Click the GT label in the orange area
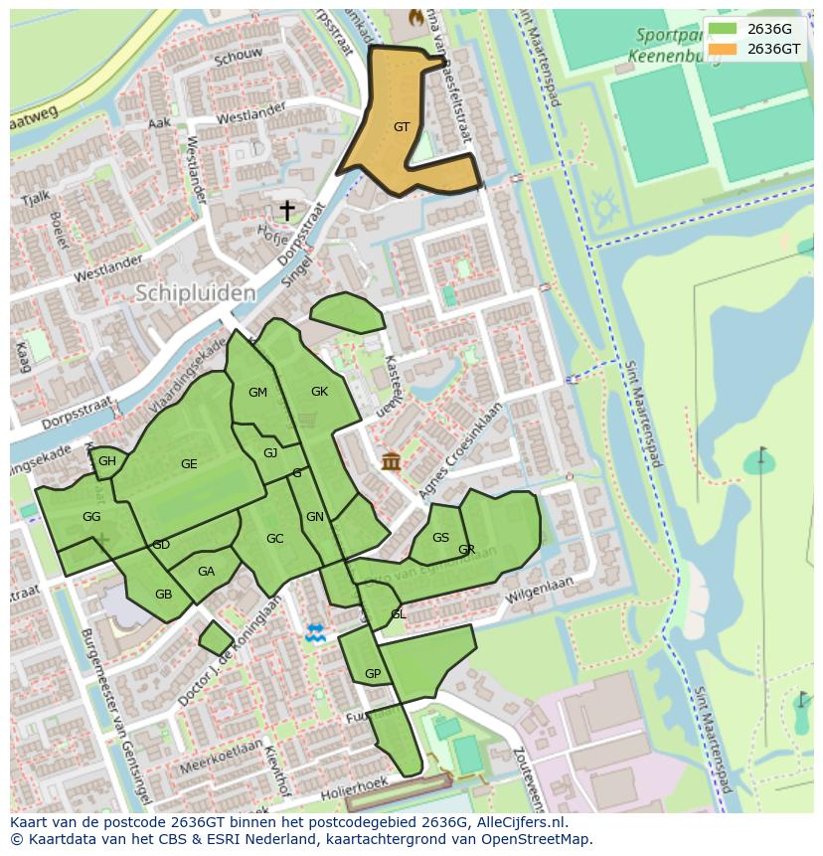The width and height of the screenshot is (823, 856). (402, 127)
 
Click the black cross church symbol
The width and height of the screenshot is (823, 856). (287, 210)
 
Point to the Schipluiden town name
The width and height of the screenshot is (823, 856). (195, 293)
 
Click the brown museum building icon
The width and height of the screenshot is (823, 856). (391, 461)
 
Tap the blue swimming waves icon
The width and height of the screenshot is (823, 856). (315, 632)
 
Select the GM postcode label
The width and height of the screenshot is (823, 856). (257, 393)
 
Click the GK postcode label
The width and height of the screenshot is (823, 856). (319, 392)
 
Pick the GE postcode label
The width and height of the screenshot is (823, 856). (189, 464)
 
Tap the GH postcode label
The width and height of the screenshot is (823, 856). (107, 461)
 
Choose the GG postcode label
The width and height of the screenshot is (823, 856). (91, 517)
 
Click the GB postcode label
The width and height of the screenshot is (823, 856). (163, 595)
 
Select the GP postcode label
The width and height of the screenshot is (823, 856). (373, 674)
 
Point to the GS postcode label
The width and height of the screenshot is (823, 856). (441, 538)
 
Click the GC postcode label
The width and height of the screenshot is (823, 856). (275, 539)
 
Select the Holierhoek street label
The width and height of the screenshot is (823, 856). (353, 788)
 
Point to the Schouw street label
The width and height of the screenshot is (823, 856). (238, 58)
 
